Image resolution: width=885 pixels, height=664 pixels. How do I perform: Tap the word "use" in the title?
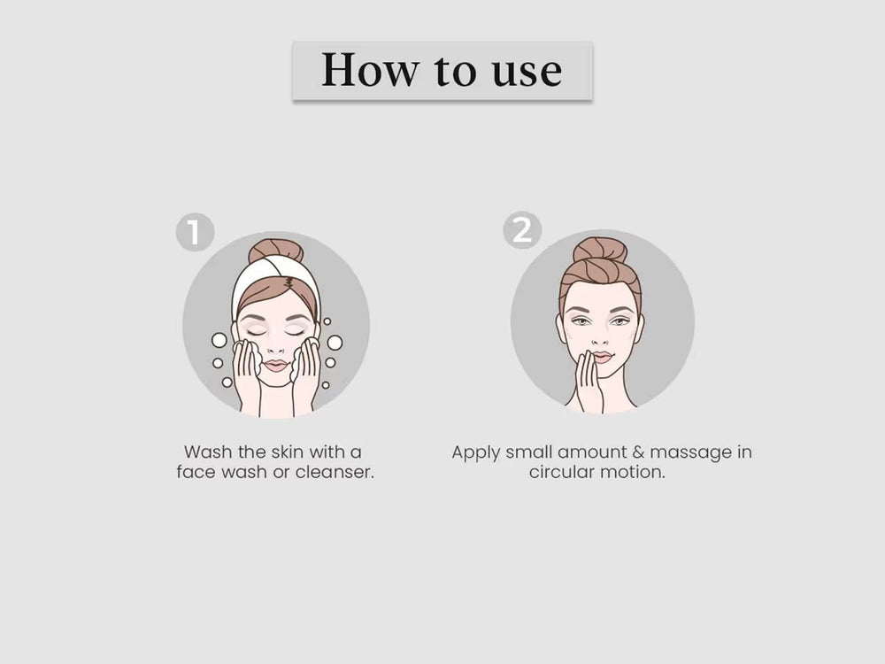[x=527, y=73]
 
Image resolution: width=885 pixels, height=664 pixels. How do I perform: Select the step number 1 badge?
[x=195, y=231]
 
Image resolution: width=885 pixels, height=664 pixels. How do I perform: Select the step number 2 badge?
[x=522, y=230]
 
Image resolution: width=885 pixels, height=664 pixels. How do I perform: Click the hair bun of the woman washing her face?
[x=276, y=251]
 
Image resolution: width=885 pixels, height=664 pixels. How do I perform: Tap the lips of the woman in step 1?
[x=276, y=365]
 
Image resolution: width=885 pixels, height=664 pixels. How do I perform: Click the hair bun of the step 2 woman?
[x=600, y=249]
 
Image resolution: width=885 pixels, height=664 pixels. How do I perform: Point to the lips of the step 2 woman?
[x=602, y=357]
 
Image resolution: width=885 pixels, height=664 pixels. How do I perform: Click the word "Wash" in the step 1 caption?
[x=208, y=452]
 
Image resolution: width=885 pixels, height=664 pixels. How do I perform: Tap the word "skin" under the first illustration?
[x=288, y=452]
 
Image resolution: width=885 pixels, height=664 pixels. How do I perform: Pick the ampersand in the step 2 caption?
[x=638, y=452]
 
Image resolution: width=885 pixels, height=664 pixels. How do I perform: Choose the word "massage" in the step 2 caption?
[x=690, y=453]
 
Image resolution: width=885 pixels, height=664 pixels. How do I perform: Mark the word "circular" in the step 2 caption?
[x=561, y=472]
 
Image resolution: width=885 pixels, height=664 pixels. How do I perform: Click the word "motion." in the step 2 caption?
[x=632, y=472]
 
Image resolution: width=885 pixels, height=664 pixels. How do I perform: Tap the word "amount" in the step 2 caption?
[x=591, y=452]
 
